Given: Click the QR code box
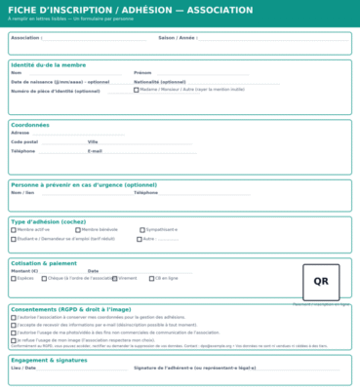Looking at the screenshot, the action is [x=321, y=281].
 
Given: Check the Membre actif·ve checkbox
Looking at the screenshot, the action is [x=14, y=229].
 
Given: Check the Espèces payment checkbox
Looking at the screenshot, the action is [x=14, y=278].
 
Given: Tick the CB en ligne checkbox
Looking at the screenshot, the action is [x=146, y=278].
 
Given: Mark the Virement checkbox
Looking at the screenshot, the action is [x=114, y=278].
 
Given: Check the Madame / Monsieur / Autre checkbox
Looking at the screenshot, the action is [x=137, y=90].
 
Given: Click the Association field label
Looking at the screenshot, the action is [x=26, y=38].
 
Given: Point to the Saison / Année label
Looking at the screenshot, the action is [x=178, y=38].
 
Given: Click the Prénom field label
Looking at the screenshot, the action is [x=142, y=72].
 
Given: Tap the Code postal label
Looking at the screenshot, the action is [x=24, y=141].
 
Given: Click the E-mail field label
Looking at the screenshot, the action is [x=96, y=151].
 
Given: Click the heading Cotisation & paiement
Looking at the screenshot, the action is [x=44, y=262].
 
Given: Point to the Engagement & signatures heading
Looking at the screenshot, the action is [x=49, y=360].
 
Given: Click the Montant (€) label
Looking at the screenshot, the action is [x=24, y=270].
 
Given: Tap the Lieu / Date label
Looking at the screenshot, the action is [x=23, y=369].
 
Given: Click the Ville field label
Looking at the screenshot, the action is [x=93, y=141].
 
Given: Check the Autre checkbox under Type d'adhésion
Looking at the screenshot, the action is [x=138, y=238].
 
